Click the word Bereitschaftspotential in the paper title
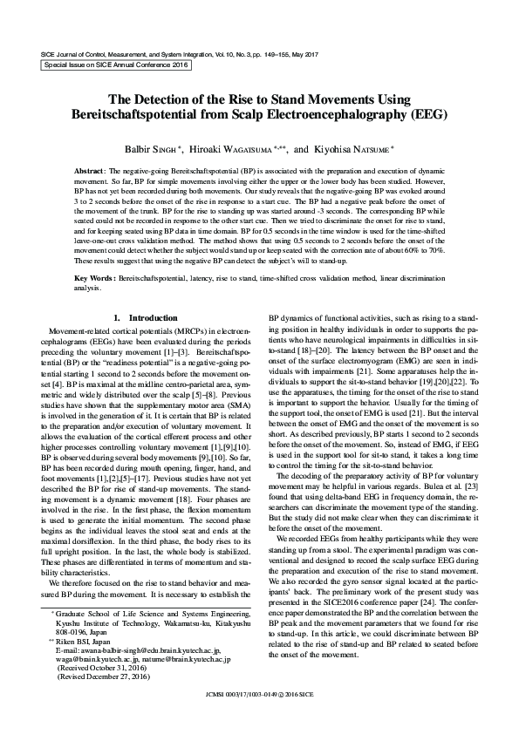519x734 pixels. (135, 114)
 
